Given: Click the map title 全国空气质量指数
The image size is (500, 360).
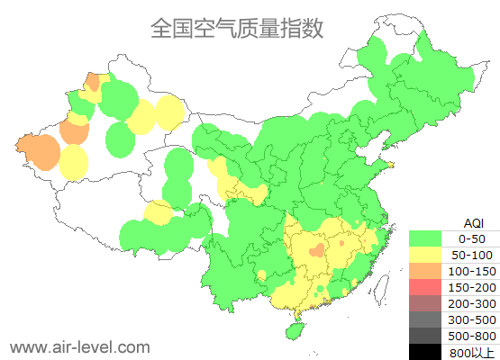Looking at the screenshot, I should (x=236, y=29).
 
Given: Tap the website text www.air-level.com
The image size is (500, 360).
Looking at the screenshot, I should (x=79, y=346).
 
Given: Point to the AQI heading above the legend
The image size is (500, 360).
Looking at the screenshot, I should (x=473, y=222).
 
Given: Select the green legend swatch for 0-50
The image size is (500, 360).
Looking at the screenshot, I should (x=429, y=238).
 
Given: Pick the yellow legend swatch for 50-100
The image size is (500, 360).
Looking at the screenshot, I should (x=429, y=255).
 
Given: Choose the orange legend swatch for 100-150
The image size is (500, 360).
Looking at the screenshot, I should (x=429, y=271).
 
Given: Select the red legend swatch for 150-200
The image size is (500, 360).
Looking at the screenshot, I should (x=429, y=287).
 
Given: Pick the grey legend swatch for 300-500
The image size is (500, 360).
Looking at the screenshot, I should (x=429, y=319).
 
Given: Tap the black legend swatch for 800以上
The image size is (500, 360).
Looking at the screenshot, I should (x=429, y=351).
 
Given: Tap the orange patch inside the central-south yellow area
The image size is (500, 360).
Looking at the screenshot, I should (x=315, y=249).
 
